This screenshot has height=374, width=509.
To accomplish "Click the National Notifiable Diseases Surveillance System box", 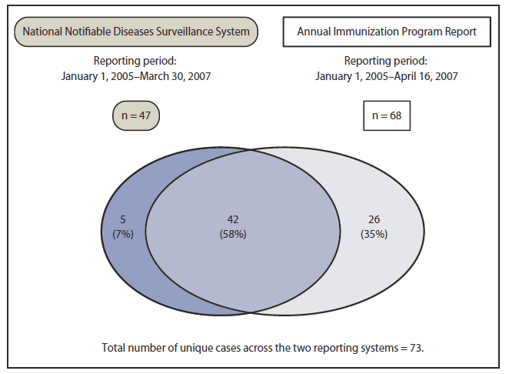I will pyautogui.click(x=136, y=32).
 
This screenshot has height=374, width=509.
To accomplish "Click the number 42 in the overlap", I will pyautogui.click(x=232, y=221).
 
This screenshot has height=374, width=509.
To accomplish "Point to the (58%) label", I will pyautogui.click(x=232, y=234).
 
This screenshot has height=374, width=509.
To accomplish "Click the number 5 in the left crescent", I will pyautogui.click(x=121, y=221).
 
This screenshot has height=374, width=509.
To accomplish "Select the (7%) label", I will pyautogui.click(x=121, y=234).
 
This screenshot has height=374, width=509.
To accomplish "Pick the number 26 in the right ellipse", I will pyautogui.click(x=375, y=221).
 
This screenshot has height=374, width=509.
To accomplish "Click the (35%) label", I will pyautogui.click(x=375, y=234).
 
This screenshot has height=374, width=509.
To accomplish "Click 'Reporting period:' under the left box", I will pyautogui.click(x=136, y=61).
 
